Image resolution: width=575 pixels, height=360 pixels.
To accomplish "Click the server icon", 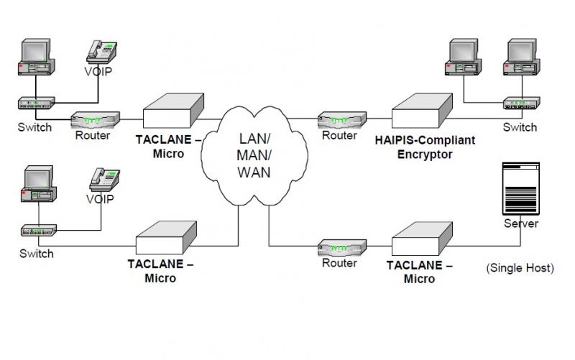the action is tap(520, 188).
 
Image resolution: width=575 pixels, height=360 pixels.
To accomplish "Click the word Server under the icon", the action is tap(521, 223).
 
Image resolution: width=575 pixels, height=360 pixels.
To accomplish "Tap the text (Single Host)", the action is tap(520, 267).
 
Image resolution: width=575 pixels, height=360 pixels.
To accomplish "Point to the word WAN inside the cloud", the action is tap(254, 172).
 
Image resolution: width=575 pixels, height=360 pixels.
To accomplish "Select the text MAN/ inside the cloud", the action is tap(254, 155).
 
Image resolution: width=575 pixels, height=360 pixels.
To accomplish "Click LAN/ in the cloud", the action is tap(254, 139).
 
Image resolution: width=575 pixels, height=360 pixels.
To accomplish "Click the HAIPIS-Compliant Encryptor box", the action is tap(422, 111).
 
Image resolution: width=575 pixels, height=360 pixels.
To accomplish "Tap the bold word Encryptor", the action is tap(425, 154).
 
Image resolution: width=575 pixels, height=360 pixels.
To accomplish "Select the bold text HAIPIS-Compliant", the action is tap(425, 140).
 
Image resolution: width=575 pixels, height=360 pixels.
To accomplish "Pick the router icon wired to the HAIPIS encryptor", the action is tap(342, 120).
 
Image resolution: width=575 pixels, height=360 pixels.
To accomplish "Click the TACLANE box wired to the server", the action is tap(422, 239).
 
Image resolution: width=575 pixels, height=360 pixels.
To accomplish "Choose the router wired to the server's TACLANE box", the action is tap(342, 248).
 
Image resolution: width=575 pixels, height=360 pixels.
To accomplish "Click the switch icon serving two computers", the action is tap(522, 103).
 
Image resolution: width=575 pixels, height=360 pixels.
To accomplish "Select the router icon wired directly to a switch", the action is tap(95, 120).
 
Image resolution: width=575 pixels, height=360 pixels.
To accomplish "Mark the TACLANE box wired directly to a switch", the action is tap(166, 238).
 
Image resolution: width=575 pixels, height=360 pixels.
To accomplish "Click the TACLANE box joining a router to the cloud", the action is tap(173, 111).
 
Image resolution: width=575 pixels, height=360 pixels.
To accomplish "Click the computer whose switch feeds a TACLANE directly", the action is tap(39, 184).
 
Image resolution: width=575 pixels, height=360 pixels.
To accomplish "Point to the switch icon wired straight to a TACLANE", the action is tap(39, 230).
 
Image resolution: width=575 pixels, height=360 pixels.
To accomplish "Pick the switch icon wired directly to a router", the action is tap(37, 103).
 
